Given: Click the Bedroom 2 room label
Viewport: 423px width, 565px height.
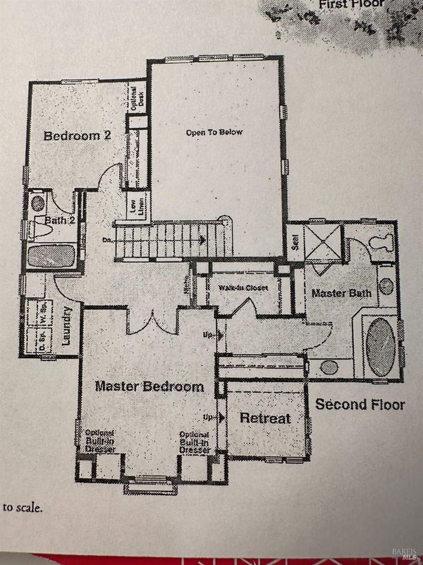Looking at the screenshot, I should (78, 136).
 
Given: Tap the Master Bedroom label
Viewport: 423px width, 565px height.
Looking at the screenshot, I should (149, 386).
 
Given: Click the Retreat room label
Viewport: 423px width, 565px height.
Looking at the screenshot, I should (265, 418).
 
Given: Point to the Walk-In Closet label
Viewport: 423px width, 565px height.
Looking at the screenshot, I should (243, 287).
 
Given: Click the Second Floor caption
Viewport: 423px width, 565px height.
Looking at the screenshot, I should (360, 405).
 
